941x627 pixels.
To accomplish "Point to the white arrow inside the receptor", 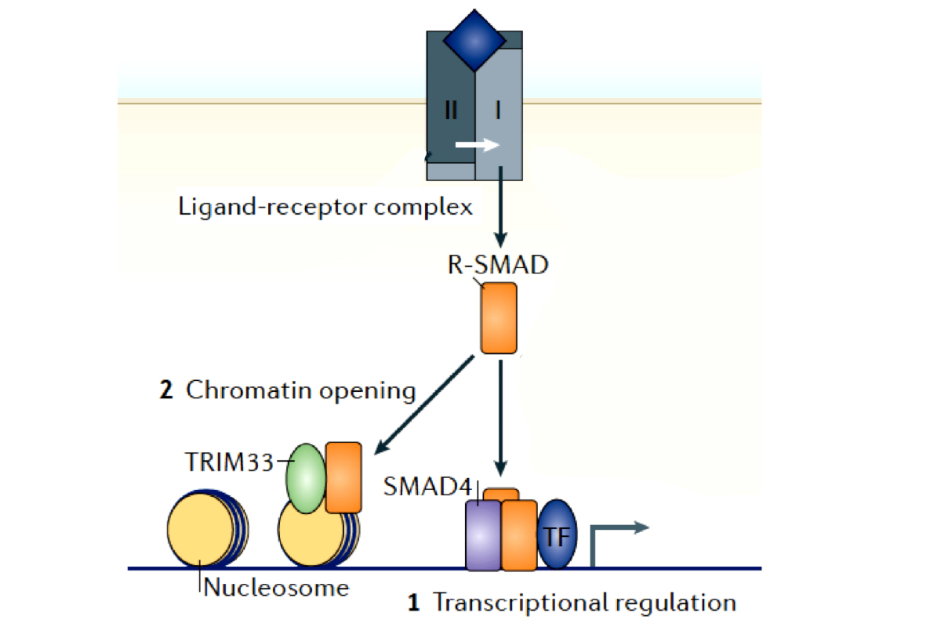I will tap(478, 145).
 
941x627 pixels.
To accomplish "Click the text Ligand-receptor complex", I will tap(325, 207).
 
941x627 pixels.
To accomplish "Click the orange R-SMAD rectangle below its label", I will tap(499, 318).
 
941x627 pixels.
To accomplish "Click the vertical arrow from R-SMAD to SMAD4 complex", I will tap(502, 415).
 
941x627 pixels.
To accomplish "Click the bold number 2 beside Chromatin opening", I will tap(166, 391).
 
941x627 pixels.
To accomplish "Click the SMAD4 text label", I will tap(428, 487).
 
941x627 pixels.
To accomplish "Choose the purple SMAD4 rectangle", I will tap(483, 535).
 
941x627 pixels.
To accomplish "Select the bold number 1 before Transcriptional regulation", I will tap(414, 603).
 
